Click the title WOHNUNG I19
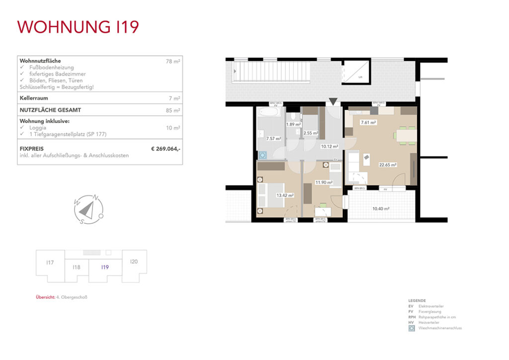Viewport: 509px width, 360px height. pos(78,27)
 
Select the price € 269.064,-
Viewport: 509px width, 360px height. pos(166,148)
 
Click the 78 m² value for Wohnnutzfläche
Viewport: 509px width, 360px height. pos(173,61)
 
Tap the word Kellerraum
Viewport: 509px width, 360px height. pos(34,98)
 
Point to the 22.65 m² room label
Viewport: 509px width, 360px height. pos(388,165)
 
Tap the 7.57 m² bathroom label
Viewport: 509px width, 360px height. pos(273,139)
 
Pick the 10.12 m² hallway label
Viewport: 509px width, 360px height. pos(330,147)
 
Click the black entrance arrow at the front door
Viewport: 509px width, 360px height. pos(333,102)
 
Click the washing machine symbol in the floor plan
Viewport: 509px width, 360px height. pos(261,154)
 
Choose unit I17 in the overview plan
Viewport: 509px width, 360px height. pos(50,263)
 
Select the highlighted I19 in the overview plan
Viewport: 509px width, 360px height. pos(105,268)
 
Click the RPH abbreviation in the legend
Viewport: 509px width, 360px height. pos(411,317)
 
